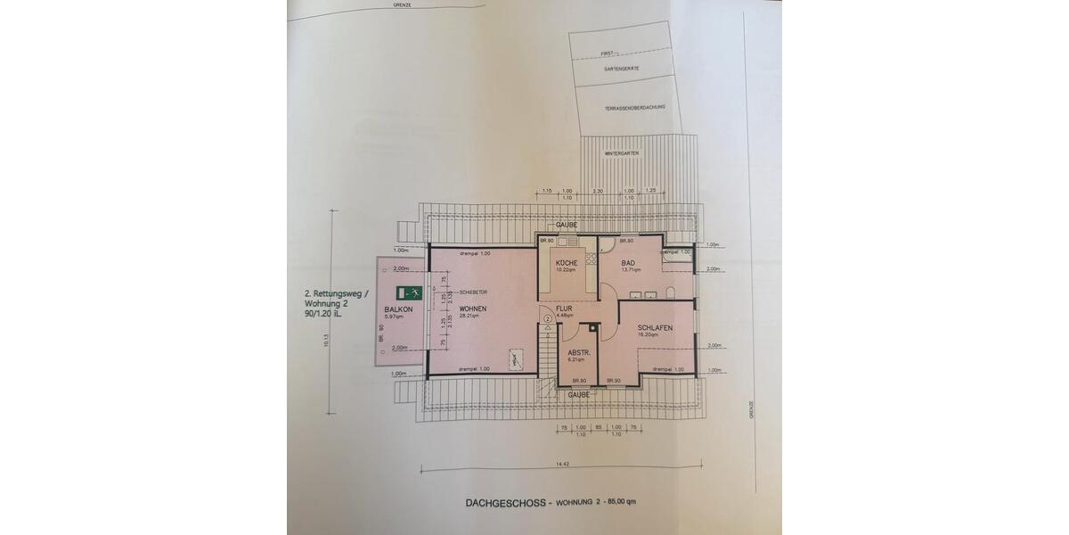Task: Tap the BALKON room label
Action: pos(398,309)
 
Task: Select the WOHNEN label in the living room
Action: pos(473,309)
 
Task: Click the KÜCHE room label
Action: pos(567,262)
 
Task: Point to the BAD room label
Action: pos(628,263)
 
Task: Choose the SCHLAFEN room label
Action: pos(654,328)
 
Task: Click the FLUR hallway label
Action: pos(566,309)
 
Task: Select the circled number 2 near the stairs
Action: pos(547,318)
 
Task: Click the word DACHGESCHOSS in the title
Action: pos(503,503)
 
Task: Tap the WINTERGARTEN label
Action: pos(623,153)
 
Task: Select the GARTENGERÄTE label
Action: pos(623,69)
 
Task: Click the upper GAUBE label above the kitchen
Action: pos(567,225)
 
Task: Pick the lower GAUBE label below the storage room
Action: pos(578,393)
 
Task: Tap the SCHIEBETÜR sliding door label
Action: pos(473,292)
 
